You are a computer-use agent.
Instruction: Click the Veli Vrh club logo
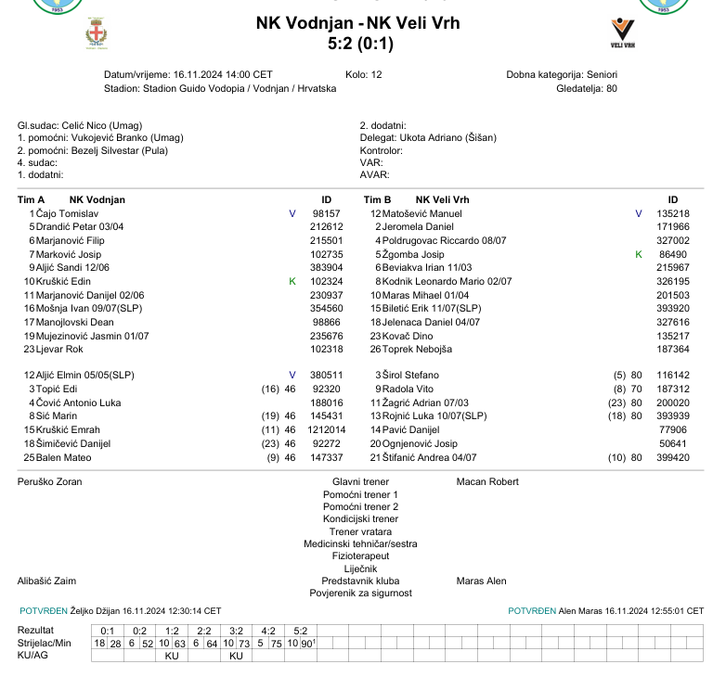point(623,32)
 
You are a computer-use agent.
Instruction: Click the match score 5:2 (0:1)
point(361,43)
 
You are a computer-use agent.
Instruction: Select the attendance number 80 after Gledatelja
point(611,89)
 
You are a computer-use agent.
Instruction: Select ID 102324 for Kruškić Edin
point(326,281)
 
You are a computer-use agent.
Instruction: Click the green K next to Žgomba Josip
point(638,254)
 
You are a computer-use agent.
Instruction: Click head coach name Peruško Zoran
point(50,482)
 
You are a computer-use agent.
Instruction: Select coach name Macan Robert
point(487,482)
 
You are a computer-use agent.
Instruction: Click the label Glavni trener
point(360,482)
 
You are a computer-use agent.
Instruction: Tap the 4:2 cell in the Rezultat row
point(267,631)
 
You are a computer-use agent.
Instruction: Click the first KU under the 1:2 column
point(172,656)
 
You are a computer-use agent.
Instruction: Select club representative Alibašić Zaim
point(46,581)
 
